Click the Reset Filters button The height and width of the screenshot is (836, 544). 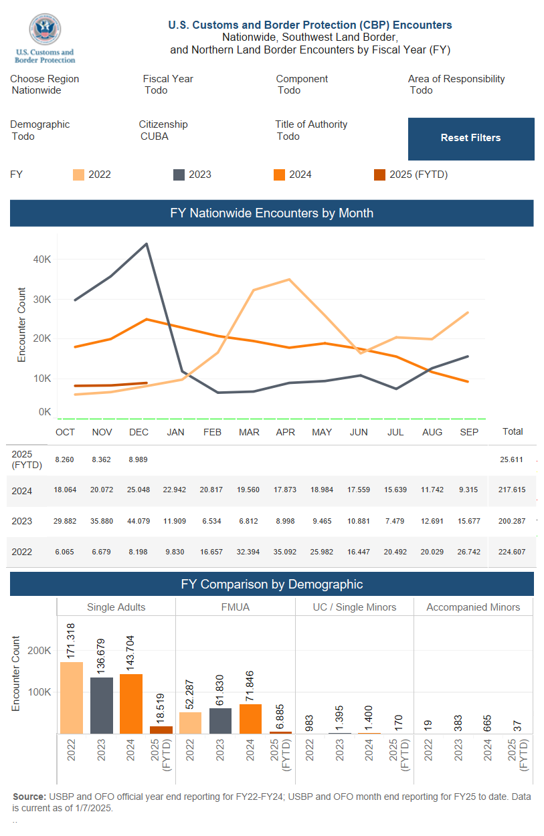tap(470, 138)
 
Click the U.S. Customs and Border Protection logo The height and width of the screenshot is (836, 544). tap(45, 37)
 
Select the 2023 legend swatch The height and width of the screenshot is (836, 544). tap(179, 175)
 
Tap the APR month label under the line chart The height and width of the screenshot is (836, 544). tap(286, 432)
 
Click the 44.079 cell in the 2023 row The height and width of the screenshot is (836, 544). tap(139, 520)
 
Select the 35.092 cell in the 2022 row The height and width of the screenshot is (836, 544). tap(286, 552)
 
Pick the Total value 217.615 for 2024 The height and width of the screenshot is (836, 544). tap(512, 490)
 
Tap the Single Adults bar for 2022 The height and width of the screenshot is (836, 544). tap(72, 698)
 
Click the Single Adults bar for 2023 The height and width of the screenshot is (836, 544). tap(101, 706)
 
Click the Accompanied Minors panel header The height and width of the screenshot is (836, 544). tap(473, 607)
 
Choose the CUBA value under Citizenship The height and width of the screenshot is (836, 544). tap(155, 136)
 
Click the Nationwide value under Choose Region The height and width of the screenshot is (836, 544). tap(37, 90)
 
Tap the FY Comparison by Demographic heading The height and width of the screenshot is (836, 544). tap(272, 584)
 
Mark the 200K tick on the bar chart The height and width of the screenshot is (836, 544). tap(39, 651)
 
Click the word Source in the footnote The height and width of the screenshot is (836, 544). tap(29, 797)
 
